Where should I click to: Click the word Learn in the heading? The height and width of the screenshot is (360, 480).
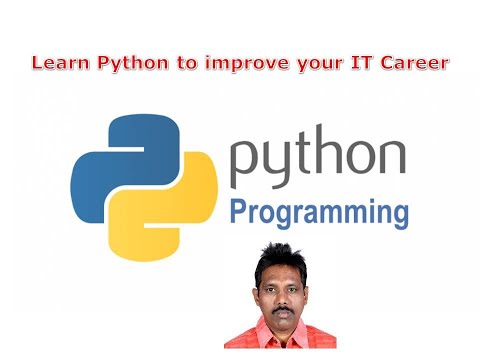[54, 63]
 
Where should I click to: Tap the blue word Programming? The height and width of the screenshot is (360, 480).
[319, 213]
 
